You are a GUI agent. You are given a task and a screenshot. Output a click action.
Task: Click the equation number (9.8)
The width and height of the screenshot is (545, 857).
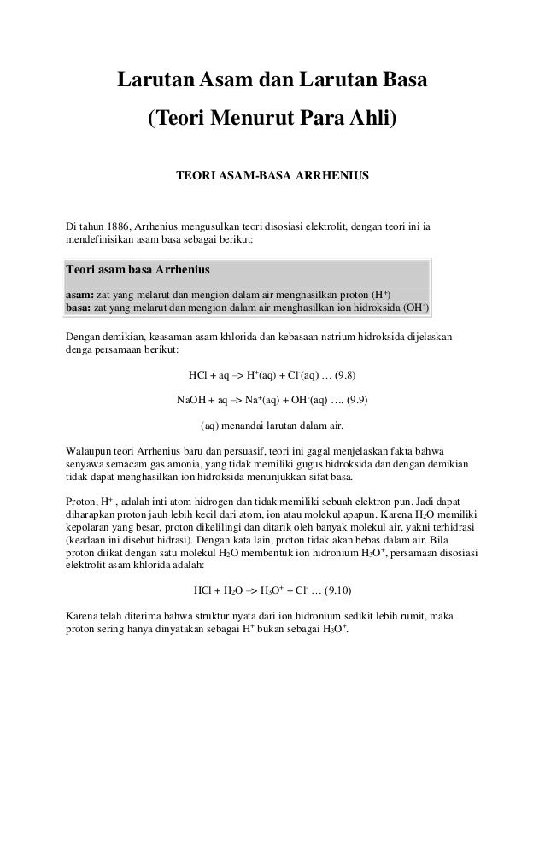coord(346,375)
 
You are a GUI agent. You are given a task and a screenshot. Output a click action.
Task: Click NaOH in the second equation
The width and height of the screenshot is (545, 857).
coord(194,400)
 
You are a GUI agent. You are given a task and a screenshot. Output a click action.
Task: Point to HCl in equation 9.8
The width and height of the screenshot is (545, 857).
coord(197,375)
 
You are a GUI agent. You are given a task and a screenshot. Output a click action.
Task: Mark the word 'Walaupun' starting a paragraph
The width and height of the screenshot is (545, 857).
coord(91,450)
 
